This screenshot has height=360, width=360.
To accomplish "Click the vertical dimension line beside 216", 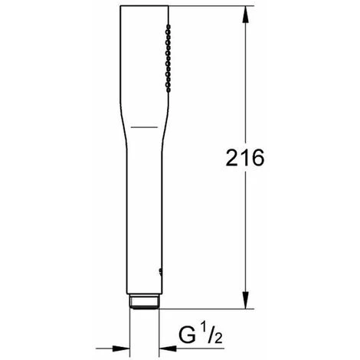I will click(x=245, y=230).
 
